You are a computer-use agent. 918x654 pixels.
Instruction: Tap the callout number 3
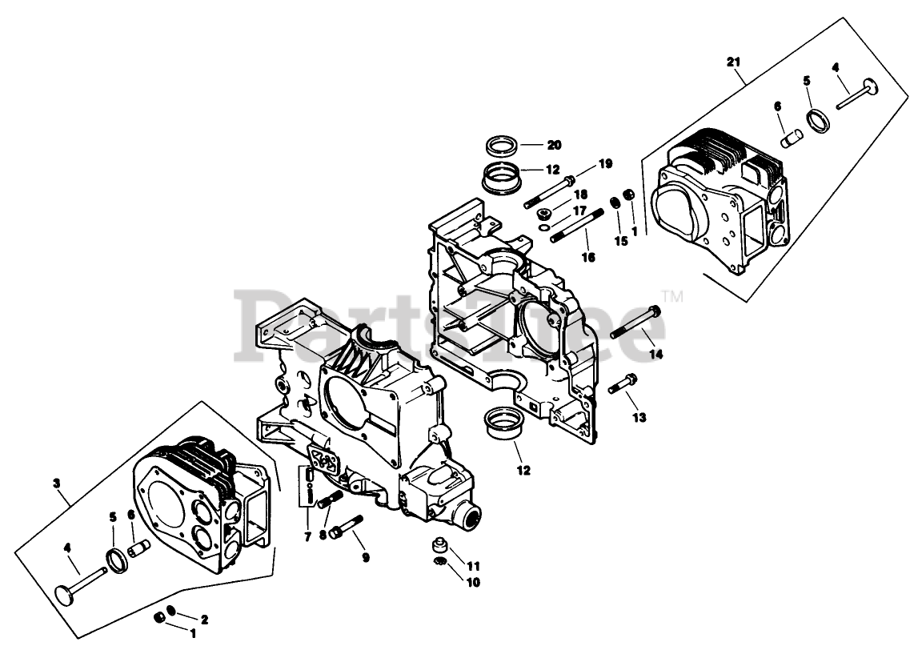(56, 483)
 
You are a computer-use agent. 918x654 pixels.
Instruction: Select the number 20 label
(554, 145)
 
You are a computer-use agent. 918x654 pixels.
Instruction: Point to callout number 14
(656, 354)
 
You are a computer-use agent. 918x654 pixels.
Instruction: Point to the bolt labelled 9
(345, 526)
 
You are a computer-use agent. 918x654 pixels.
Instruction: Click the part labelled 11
(439, 546)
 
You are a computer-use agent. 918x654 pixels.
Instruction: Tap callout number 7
(307, 536)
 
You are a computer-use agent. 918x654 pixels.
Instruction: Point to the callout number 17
(579, 211)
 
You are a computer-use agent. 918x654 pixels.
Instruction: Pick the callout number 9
(365, 558)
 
